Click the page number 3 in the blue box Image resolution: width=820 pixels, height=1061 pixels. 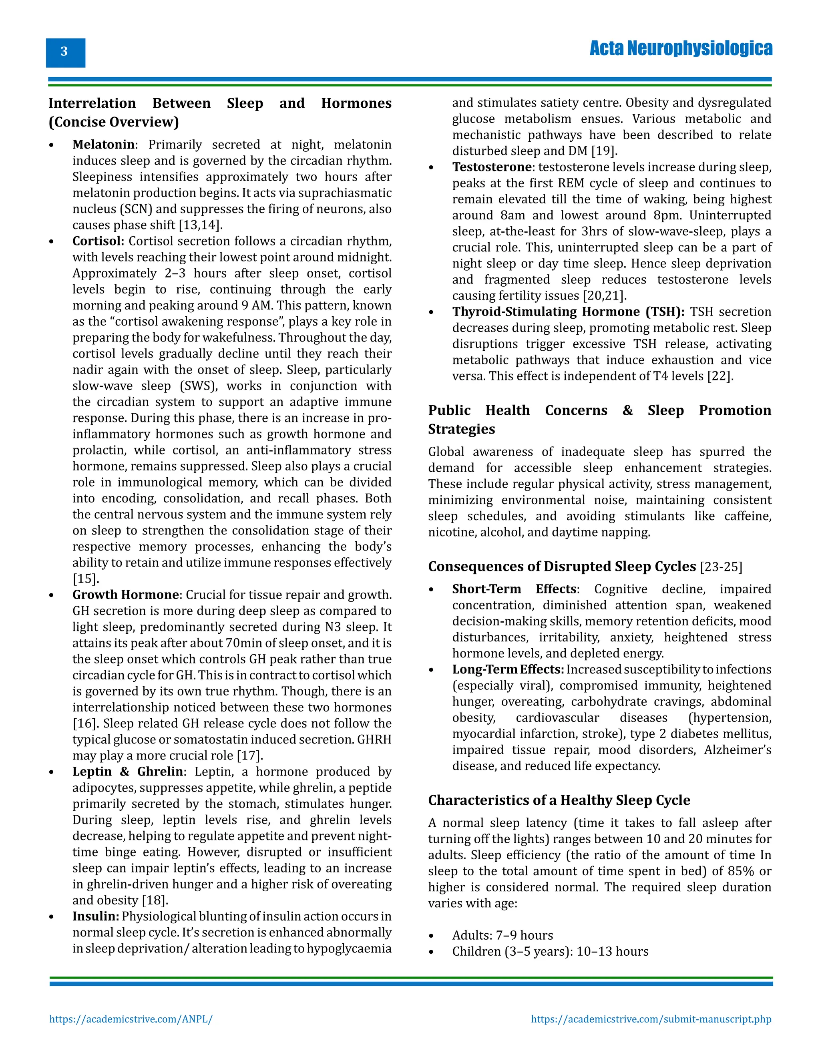point(64,52)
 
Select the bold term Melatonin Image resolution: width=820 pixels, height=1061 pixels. point(103,145)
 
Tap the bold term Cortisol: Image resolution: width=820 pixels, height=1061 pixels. point(98,241)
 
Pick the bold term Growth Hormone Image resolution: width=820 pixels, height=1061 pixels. point(126,595)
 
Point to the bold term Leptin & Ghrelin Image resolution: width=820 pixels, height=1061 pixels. point(128,772)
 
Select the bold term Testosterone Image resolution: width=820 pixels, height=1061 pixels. point(492,167)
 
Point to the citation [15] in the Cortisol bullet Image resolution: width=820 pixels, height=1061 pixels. point(86,579)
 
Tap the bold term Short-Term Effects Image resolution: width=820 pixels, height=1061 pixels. point(514,589)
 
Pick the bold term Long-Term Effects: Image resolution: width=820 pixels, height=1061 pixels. point(508,670)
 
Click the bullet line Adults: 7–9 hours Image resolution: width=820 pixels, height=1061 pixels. point(502,936)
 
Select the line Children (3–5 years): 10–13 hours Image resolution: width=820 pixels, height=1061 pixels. point(550,952)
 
